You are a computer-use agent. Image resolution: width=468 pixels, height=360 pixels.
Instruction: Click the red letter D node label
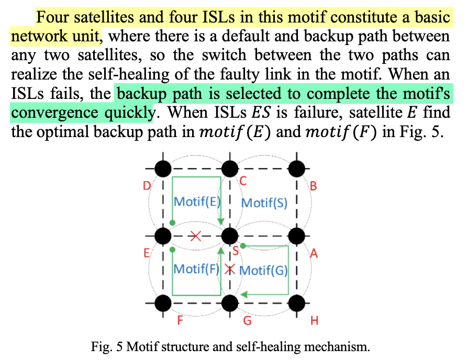click(x=148, y=186)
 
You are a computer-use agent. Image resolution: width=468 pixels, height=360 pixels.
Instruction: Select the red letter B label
click(x=314, y=186)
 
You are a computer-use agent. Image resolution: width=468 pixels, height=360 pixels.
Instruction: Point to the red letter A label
click(x=314, y=254)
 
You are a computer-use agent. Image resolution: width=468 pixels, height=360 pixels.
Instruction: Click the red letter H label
click(x=314, y=320)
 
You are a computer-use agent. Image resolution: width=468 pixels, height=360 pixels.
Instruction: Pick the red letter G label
click(x=247, y=320)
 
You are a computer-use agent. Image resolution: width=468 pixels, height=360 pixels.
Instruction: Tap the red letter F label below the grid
click(x=180, y=320)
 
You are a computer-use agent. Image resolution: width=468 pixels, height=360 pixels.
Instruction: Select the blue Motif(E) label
click(x=196, y=202)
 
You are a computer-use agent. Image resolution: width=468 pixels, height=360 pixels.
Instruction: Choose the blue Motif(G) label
click(x=264, y=270)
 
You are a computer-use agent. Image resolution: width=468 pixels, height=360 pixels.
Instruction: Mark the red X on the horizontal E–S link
click(x=196, y=236)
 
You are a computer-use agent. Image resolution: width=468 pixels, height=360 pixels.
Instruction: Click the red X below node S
click(x=229, y=269)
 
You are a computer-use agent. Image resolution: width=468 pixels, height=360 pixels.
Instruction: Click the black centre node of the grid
click(x=229, y=236)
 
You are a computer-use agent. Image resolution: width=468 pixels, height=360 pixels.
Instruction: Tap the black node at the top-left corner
click(x=163, y=168)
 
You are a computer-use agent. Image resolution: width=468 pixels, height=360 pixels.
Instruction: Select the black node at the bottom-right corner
click(x=296, y=302)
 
